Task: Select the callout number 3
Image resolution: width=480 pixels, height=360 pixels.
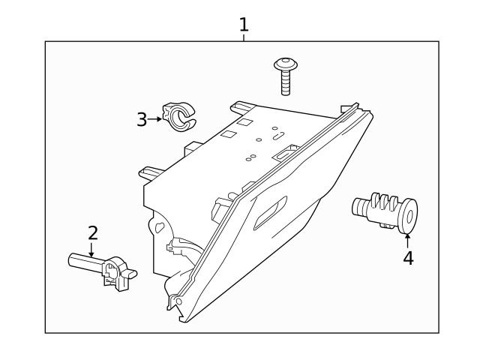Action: tap(142, 119)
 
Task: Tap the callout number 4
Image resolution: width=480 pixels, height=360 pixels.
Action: tap(408, 258)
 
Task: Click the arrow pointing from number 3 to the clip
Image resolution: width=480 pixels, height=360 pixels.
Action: tap(156, 118)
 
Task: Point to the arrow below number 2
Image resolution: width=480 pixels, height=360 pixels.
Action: tap(91, 250)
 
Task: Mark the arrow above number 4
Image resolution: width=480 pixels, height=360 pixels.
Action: tap(408, 239)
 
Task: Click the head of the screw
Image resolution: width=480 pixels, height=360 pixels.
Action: tap(285, 64)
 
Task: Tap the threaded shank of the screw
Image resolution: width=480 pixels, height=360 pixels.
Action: tap(286, 82)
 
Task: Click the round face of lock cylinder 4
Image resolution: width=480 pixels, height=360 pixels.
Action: tap(409, 216)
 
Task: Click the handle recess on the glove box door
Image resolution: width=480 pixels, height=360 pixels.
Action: tap(271, 214)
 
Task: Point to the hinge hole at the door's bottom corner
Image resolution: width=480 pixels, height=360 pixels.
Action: tap(178, 301)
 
